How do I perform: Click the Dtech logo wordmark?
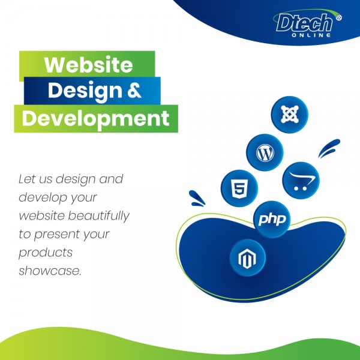tap(304, 23)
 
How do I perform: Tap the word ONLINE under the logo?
tap(311, 35)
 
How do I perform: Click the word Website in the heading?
tap(88, 65)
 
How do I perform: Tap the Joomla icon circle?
tap(290, 115)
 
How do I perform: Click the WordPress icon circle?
tap(265, 152)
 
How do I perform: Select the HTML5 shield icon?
tap(239, 188)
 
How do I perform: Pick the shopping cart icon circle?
tap(301, 180)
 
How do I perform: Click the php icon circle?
tap(272, 219)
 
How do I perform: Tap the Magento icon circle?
tap(247, 257)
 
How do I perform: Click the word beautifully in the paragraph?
tap(99, 216)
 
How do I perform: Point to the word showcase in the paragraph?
tap(49, 271)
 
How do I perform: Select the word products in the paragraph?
tap(46, 253)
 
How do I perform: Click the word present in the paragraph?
tap(58, 235)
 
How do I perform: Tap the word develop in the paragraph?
tap(43, 197)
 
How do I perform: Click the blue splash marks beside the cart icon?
tap(329, 148)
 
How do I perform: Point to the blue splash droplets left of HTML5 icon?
tap(197, 199)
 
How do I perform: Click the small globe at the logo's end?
tap(338, 17)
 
